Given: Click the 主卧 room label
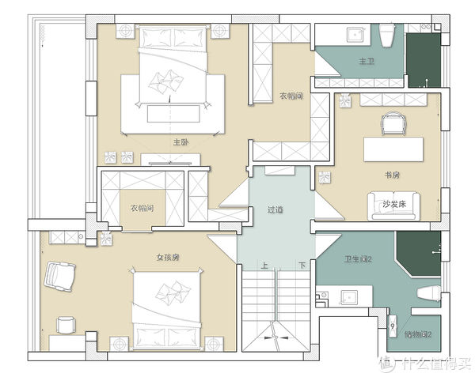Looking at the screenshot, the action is (180, 141).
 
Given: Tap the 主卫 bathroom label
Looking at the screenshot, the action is (367, 61).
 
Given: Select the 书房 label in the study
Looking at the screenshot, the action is (392, 175).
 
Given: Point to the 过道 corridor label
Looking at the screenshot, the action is (275, 209).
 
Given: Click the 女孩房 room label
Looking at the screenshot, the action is (168, 258).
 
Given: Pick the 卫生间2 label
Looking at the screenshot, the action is (358, 259).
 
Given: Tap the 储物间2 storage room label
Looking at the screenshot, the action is (418, 334).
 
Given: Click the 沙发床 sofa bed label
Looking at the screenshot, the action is (393, 204).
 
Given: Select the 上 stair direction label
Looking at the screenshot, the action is (264, 266).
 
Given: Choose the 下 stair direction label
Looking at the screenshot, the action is (302, 266).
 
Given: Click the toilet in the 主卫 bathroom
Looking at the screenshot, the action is (387, 36).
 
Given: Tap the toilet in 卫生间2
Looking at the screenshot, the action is (429, 293).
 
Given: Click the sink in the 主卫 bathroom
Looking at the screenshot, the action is (355, 35).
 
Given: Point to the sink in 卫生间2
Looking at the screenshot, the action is (349, 297).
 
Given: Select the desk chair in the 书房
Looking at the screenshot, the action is (393, 123).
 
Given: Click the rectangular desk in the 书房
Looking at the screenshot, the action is (393, 149).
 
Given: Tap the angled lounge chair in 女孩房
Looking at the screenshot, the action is (59, 277).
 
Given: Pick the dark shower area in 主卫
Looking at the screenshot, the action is (424, 60).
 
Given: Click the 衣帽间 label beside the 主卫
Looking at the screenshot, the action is (291, 96).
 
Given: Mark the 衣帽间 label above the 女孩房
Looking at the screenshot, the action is (142, 208).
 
